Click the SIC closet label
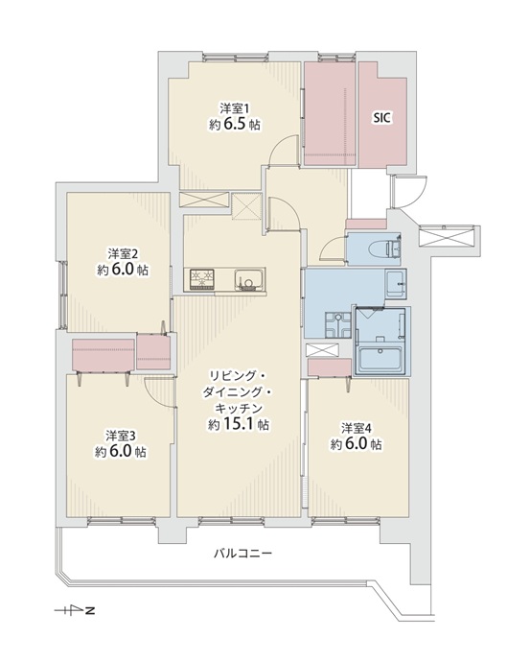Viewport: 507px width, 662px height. point(381,118)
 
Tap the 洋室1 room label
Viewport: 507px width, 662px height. point(234,108)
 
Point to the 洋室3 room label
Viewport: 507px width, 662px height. point(121,435)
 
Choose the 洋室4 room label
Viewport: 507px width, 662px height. point(357,428)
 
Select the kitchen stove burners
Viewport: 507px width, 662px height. point(201,279)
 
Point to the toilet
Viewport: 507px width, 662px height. point(386,249)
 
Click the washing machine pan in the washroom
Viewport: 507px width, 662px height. point(337,324)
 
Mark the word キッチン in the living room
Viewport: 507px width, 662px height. point(239,409)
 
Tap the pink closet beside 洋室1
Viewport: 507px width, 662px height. point(331,114)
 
